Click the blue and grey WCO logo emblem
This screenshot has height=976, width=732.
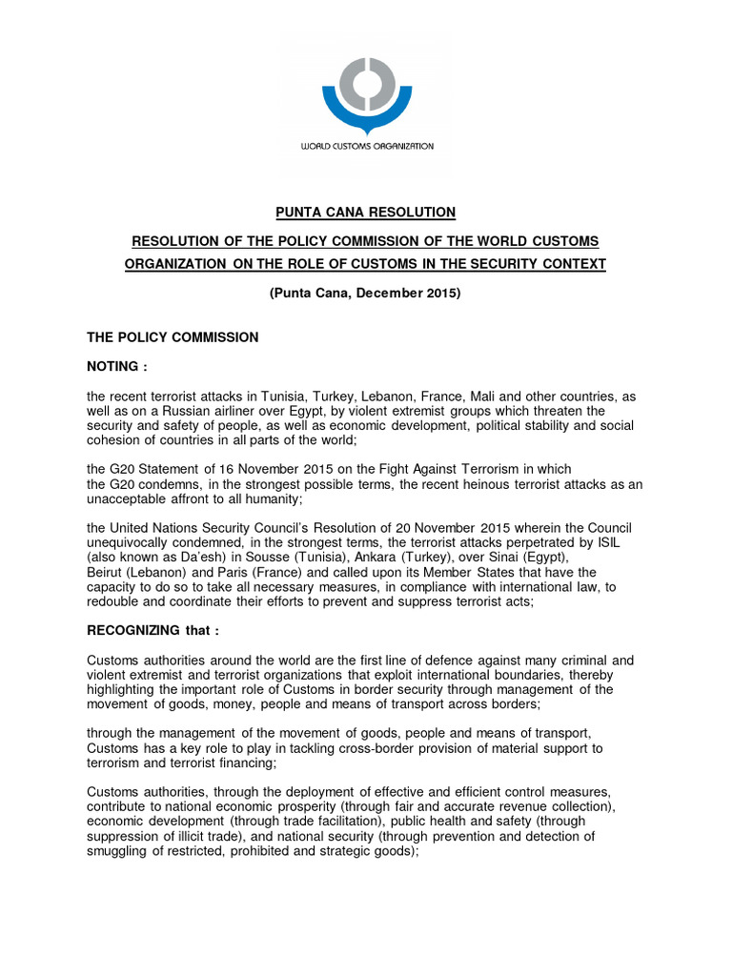point(366,90)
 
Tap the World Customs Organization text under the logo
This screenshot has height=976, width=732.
point(367,147)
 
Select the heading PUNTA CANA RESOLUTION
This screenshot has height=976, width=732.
point(365,212)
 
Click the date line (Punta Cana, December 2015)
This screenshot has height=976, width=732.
point(365,294)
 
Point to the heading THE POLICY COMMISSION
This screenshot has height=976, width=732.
point(173,337)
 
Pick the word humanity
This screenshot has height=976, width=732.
point(273,498)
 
